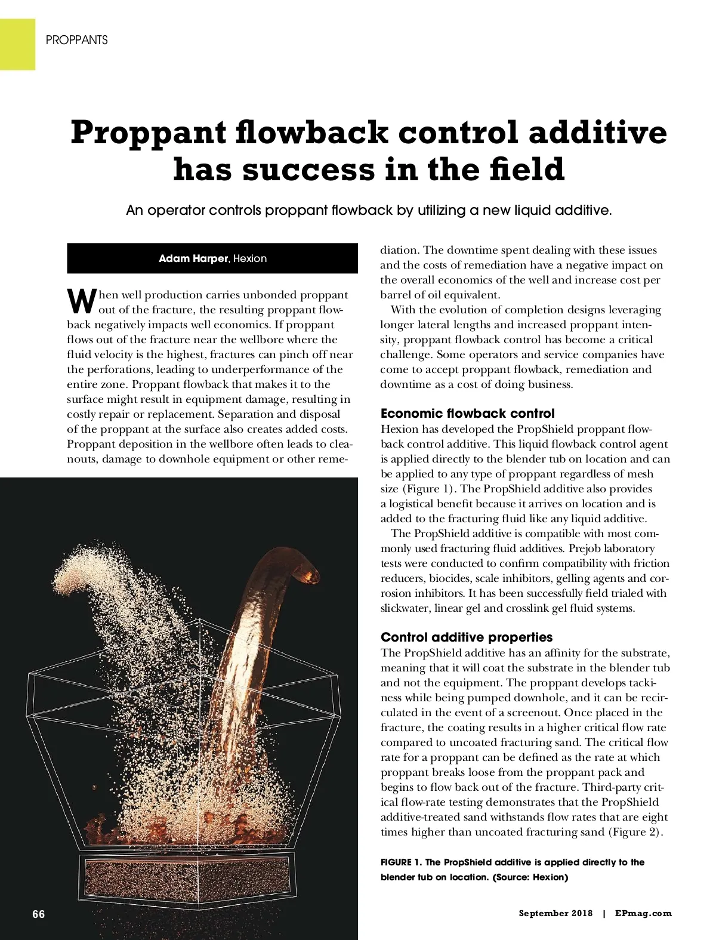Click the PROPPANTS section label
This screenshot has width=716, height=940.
[76, 40]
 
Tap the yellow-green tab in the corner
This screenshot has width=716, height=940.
[17, 44]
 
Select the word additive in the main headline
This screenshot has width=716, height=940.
[597, 132]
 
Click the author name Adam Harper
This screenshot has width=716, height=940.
[193, 258]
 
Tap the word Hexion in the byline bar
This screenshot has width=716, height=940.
[250, 258]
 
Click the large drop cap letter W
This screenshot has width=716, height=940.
[81, 301]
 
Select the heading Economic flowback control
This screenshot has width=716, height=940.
[467, 414]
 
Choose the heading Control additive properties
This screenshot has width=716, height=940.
[467, 637]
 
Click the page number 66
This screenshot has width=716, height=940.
[39, 914]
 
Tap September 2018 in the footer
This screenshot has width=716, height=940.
[555, 913]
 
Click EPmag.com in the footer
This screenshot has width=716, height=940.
[643, 913]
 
